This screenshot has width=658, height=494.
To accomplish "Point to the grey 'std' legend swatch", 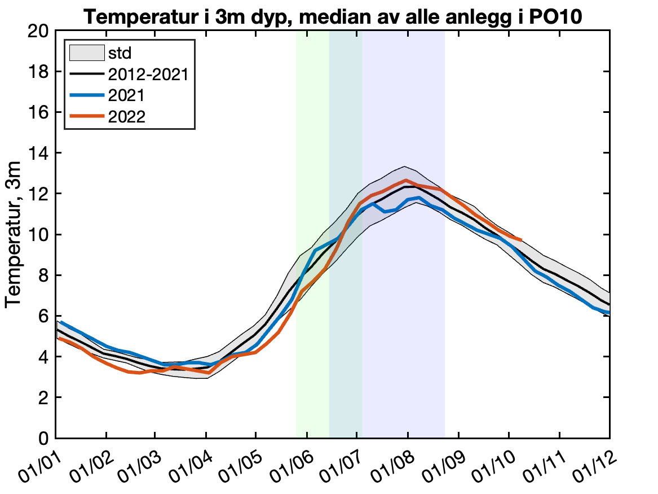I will click(86, 54).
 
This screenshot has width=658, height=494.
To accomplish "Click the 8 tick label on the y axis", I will click(42, 276).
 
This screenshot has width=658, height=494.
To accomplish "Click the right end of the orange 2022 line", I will click(522, 240).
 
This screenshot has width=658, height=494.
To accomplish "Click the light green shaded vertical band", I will click(312, 339).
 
